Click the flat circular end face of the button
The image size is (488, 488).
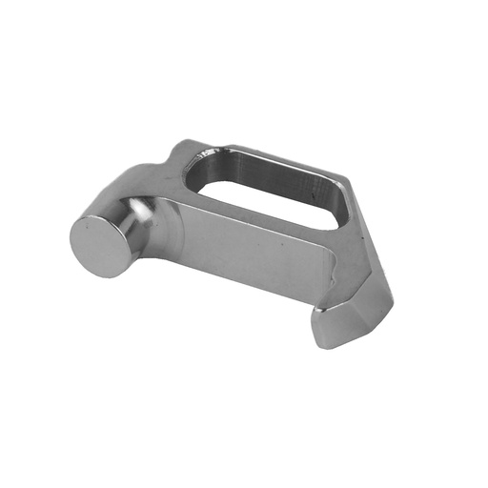pos(100,244)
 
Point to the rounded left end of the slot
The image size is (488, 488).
pos(205,175)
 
